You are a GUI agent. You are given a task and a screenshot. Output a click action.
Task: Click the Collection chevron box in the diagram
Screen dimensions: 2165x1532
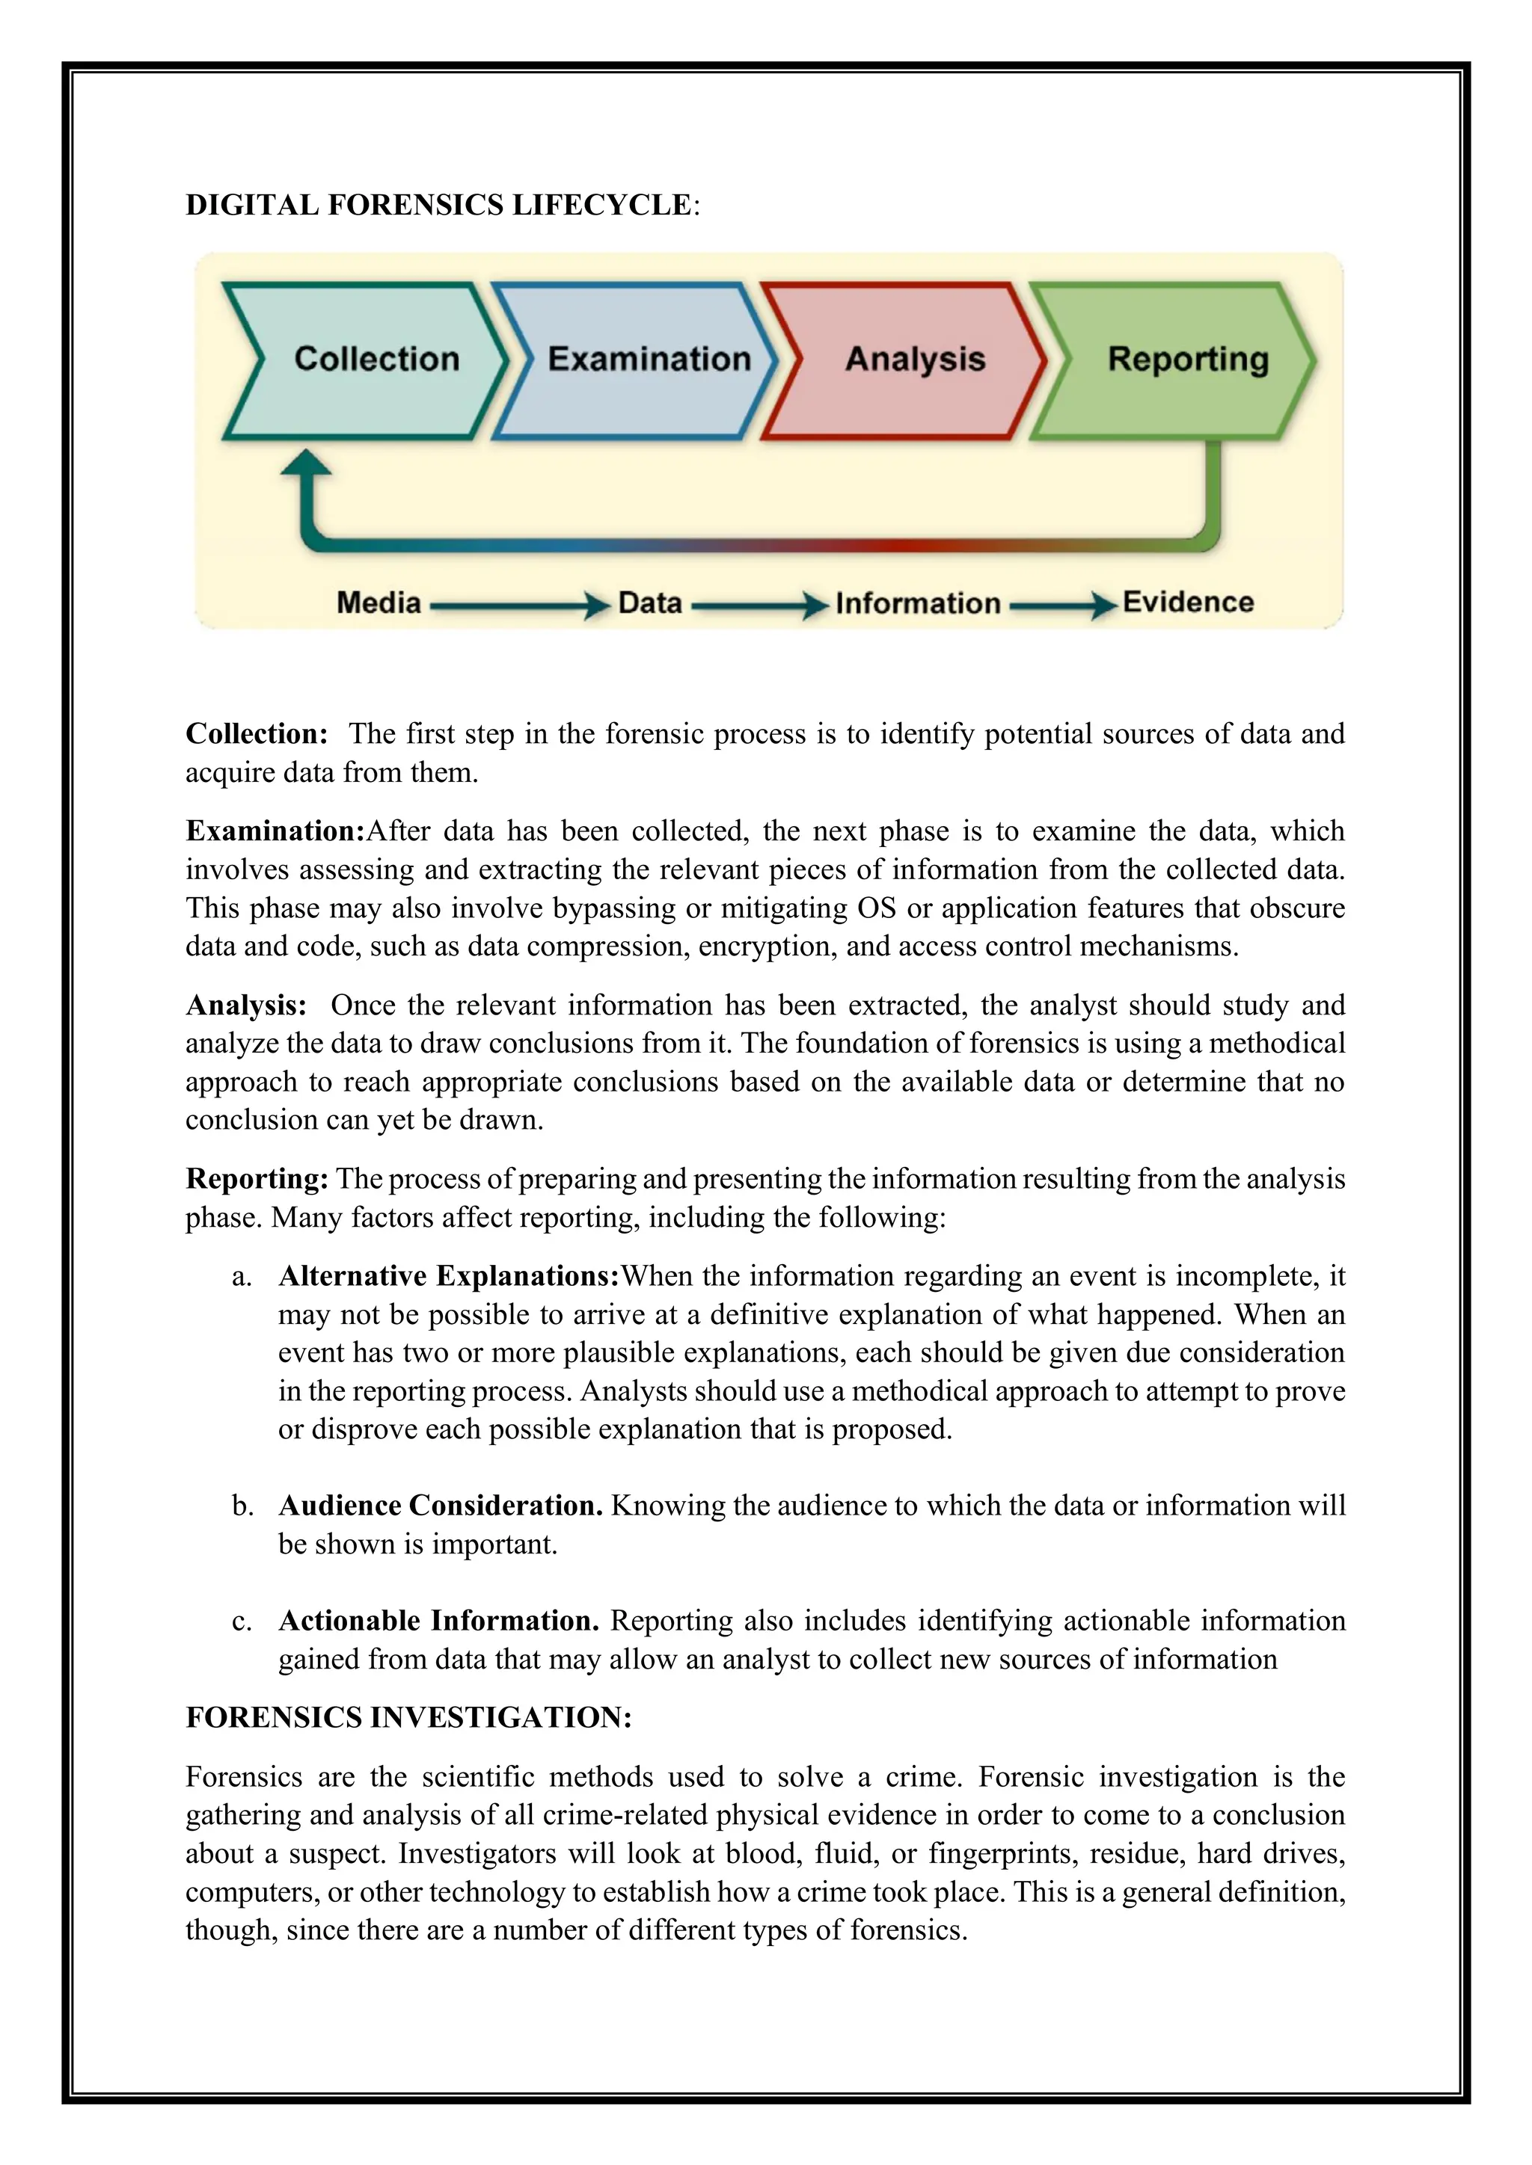[x=368, y=360]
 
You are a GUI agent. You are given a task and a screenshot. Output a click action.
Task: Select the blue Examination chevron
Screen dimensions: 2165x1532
[x=642, y=360]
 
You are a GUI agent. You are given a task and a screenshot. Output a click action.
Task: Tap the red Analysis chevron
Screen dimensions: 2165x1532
[x=910, y=360]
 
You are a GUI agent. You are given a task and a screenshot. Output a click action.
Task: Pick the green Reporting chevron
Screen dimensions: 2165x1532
[x=1179, y=360]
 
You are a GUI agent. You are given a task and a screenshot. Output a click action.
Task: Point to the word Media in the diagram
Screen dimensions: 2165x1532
[x=379, y=603]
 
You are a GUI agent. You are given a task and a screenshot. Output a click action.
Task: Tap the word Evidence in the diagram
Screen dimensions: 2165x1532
[x=1188, y=603]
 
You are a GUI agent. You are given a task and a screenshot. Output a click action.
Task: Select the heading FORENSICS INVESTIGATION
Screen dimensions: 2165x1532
[x=408, y=1717]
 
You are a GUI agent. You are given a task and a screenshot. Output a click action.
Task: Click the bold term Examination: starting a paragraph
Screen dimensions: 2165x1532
[x=275, y=831]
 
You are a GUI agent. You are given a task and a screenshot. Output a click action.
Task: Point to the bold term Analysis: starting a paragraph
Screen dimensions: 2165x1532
[x=245, y=1005]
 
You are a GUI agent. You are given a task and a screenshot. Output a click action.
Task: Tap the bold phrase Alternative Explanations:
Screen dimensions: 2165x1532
[x=448, y=1276]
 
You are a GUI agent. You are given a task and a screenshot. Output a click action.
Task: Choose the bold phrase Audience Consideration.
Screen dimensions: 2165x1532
[x=440, y=1506]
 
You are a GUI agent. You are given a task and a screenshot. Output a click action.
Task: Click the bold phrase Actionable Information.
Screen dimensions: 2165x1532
[x=438, y=1621]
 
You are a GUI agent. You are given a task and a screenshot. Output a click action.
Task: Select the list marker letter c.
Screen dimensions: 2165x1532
[x=242, y=1622]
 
